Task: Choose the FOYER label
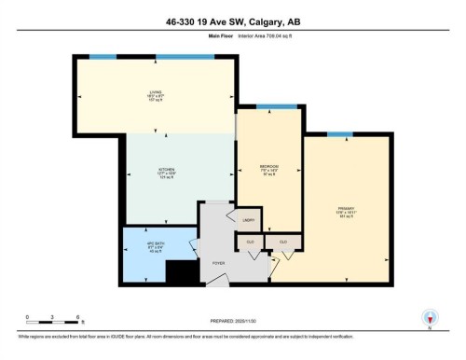click(x=219, y=264)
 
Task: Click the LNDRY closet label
click(x=249, y=220)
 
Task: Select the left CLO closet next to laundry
click(x=251, y=242)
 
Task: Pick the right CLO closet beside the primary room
click(x=282, y=242)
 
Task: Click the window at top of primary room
click(x=339, y=133)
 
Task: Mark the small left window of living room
click(x=103, y=58)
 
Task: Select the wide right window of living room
click(x=185, y=58)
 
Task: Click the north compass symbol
click(x=431, y=317)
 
